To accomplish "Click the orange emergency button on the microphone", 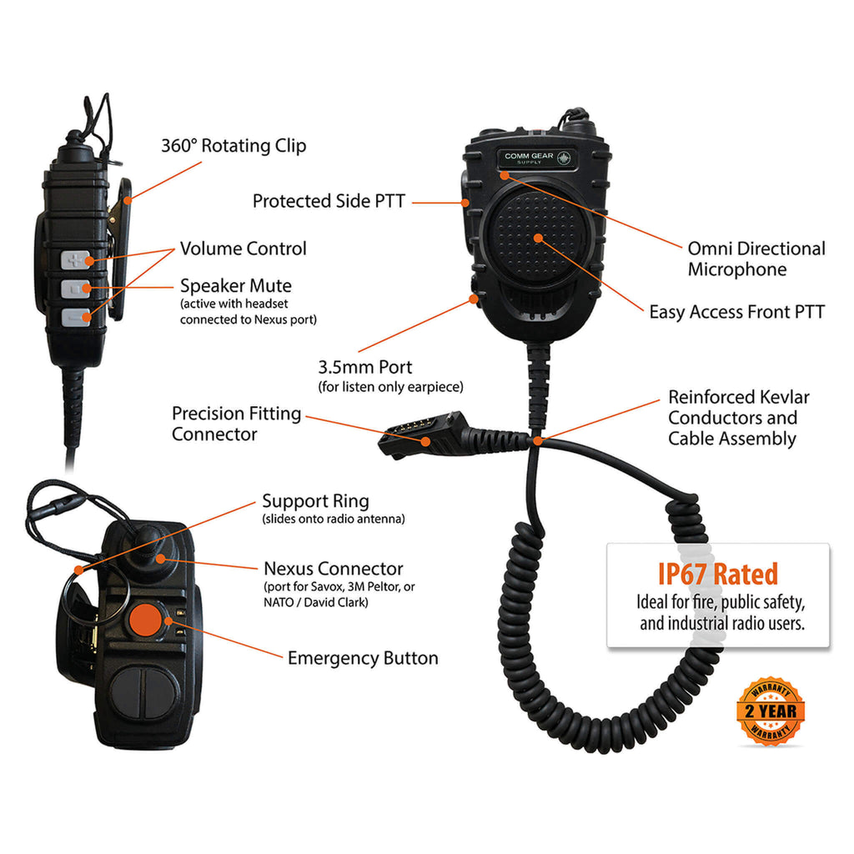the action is [x=145, y=620].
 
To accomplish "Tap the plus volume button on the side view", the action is [x=74, y=260].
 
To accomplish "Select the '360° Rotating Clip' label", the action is [x=234, y=146].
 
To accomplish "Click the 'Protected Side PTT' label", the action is [x=329, y=201].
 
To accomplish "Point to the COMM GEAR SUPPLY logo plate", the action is [x=537, y=158].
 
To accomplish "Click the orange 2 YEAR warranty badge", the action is [x=770, y=711].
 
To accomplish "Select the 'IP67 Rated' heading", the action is [x=718, y=574].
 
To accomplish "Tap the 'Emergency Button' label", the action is [x=363, y=658].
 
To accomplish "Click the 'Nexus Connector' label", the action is [x=334, y=569].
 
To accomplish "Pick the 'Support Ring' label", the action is [x=315, y=501].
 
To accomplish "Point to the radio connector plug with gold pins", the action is [x=423, y=434].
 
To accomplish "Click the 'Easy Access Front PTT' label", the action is [x=737, y=312].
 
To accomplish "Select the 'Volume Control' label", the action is [x=243, y=249].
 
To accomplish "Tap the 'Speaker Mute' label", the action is [x=236, y=286].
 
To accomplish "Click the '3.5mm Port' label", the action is [x=365, y=367].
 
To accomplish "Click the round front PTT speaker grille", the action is [x=538, y=238].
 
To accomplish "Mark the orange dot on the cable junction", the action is [x=538, y=440].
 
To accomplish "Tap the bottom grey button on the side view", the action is [x=75, y=318].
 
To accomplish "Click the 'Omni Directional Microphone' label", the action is [x=756, y=259].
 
